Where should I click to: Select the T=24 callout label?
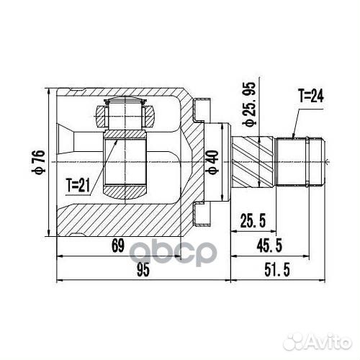(x=310, y=95)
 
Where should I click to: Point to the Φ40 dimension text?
(x=211, y=162)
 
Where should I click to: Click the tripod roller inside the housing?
(x=127, y=112)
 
